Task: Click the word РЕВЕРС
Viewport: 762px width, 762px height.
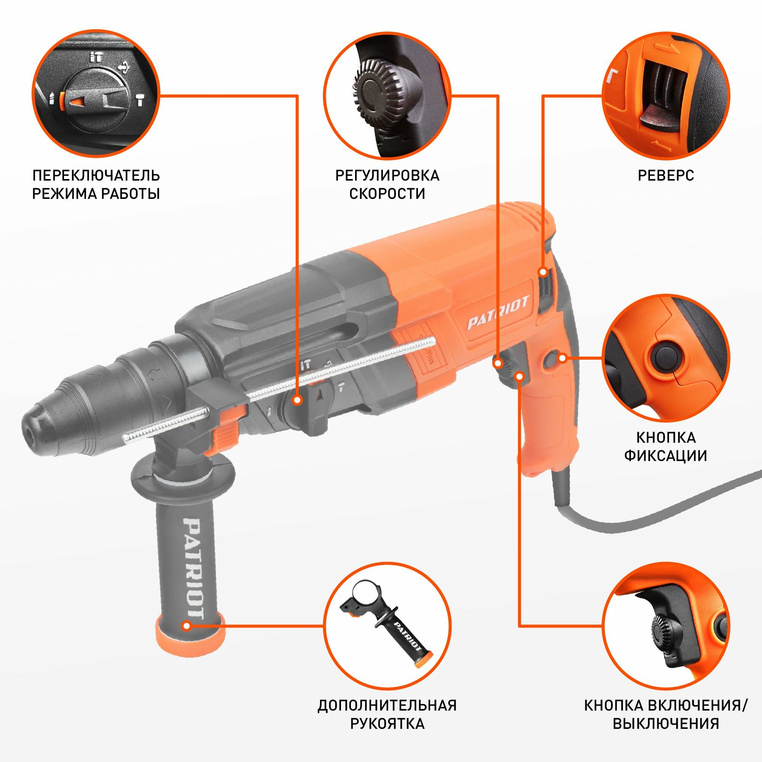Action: (666, 176)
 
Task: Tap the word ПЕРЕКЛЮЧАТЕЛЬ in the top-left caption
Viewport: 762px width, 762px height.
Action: (96, 176)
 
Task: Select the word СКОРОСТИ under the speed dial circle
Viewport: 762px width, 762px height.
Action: (387, 194)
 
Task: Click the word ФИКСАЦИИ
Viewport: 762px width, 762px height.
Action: (666, 456)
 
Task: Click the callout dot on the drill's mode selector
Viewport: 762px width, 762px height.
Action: (298, 401)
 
